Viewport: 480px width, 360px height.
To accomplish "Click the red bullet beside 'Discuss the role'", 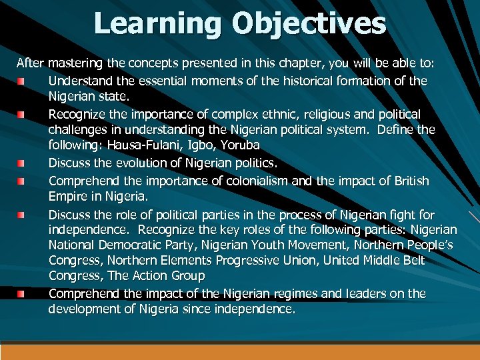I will click(21, 215).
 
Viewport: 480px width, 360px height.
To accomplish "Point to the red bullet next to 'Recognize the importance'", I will click(21, 115).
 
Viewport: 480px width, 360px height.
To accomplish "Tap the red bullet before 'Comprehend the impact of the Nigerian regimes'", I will click(21, 294).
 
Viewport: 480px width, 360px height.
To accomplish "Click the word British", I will click(411, 181).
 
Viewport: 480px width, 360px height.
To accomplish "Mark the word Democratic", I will click(127, 245).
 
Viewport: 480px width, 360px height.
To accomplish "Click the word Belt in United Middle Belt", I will click(411, 261).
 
